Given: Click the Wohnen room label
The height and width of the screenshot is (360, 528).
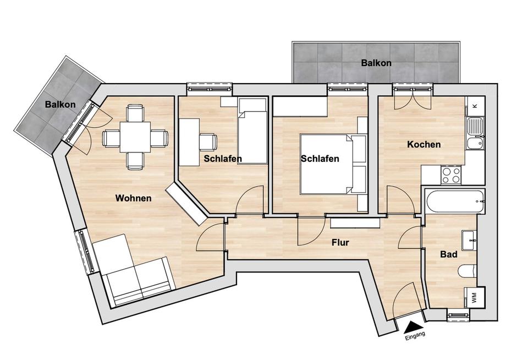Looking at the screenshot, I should [x=133, y=198].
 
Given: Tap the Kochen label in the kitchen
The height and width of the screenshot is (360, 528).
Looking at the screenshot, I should [x=424, y=145].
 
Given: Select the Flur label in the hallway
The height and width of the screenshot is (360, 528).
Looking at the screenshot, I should [x=340, y=242].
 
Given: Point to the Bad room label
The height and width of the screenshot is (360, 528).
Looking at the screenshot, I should [x=449, y=255].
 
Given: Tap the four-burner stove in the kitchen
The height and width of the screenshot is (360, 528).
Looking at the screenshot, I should [x=451, y=175].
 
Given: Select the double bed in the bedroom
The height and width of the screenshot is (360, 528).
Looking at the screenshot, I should [x=328, y=164].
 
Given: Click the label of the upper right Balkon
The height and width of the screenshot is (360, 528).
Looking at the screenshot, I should [x=376, y=63].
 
